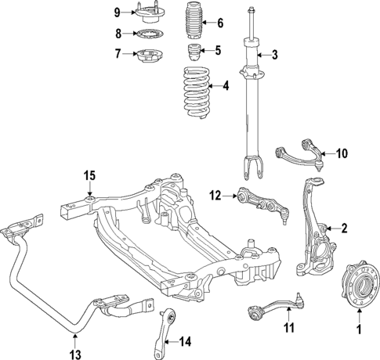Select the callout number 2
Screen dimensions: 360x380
point(342,229)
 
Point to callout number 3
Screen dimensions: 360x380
point(276,55)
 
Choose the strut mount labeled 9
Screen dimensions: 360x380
point(148,12)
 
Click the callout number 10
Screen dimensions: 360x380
point(342,153)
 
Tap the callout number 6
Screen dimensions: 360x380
point(219,23)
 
